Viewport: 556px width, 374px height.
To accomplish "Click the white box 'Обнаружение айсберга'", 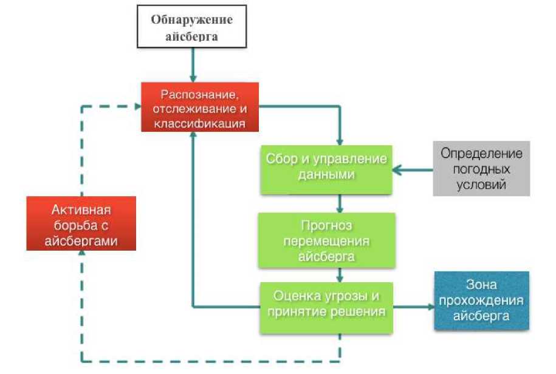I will (x=192, y=27).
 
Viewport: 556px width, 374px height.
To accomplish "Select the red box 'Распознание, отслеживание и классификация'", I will (x=200, y=107).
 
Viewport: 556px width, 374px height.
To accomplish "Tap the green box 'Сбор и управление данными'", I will (x=326, y=169).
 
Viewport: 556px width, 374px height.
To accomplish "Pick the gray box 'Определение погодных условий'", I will (x=481, y=169).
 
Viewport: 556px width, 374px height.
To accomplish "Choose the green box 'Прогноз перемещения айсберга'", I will (x=326, y=239).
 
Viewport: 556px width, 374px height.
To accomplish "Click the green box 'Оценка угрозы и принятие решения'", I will (x=326, y=307).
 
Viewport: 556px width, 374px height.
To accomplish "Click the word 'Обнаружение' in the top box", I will (x=192, y=19).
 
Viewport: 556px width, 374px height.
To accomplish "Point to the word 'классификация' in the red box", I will (x=200, y=123).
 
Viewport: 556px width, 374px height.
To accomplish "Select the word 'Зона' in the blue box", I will (x=481, y=284).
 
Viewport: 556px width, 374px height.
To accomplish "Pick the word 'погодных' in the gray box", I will (x=481, y=169).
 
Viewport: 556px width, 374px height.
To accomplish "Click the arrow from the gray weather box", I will (x=413, y=169).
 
